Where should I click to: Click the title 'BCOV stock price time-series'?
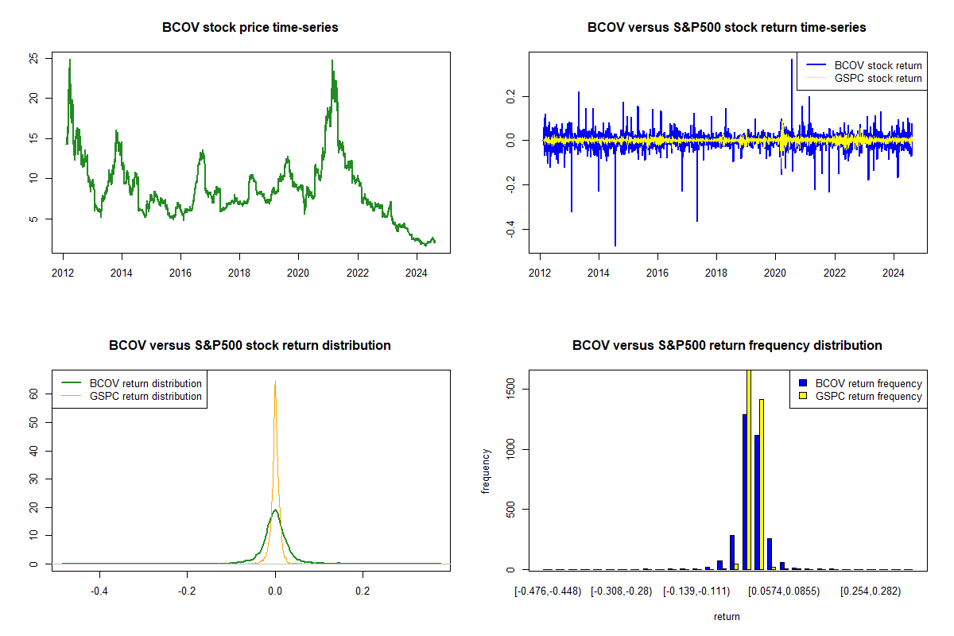click(x=250, y=28)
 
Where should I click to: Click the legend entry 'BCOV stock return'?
click(x=878, y=65)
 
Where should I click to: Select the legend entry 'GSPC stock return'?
click(x=878, y=78)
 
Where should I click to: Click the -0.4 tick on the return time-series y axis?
click(x=510, y=231)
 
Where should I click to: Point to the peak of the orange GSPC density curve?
click(x=275, y=382)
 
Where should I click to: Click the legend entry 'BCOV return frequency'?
click(x=868, y=383)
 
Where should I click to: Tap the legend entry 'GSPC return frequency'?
click(x=868, y=396)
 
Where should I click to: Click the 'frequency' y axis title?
click(x=487, y=470)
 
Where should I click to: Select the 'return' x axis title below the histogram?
click(x=727, y=616)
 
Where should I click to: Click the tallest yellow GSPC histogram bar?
click(x=749, y=469)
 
